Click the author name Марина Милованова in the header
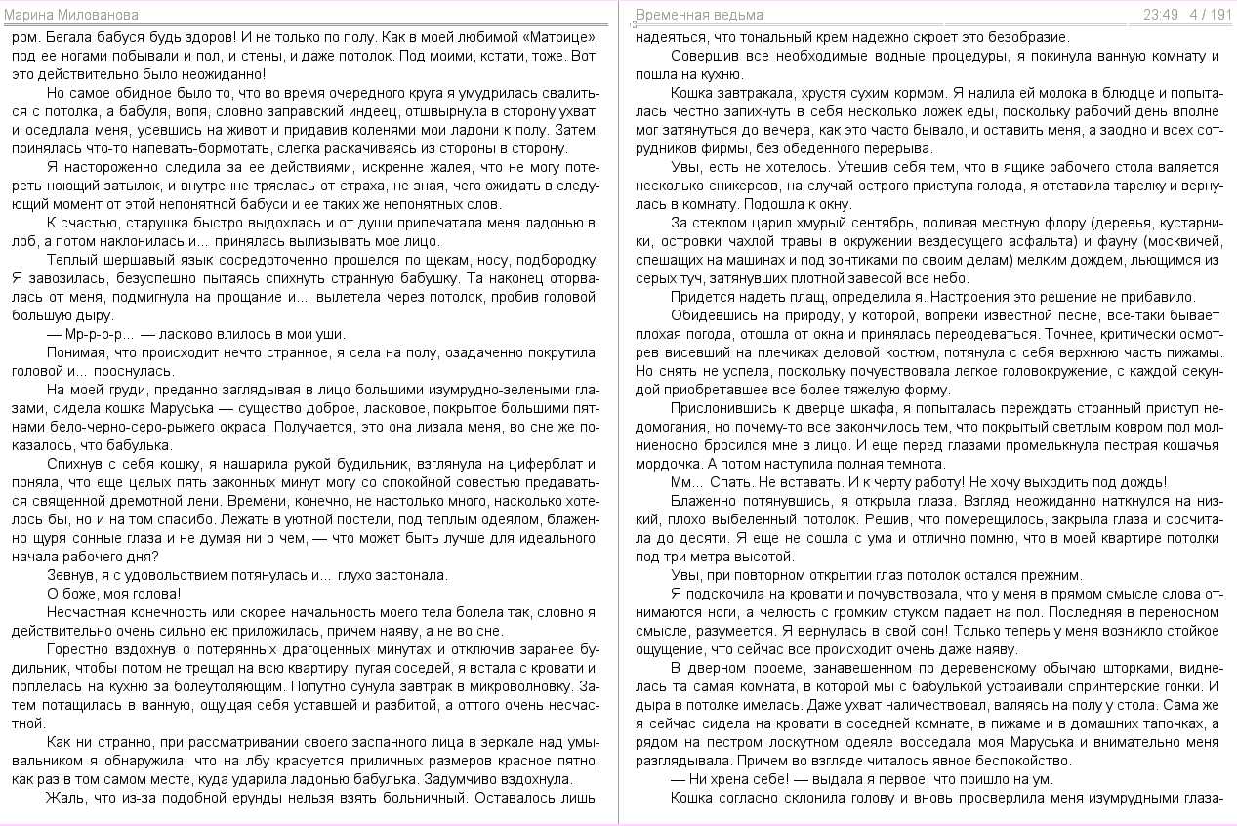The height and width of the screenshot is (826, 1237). click(71, 15)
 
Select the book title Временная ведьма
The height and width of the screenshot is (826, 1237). click(699, 15)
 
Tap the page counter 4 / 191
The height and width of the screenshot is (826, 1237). click(1211, 15)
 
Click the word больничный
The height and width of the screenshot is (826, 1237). click(419, 798)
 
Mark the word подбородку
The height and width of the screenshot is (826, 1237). click(554, 261)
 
